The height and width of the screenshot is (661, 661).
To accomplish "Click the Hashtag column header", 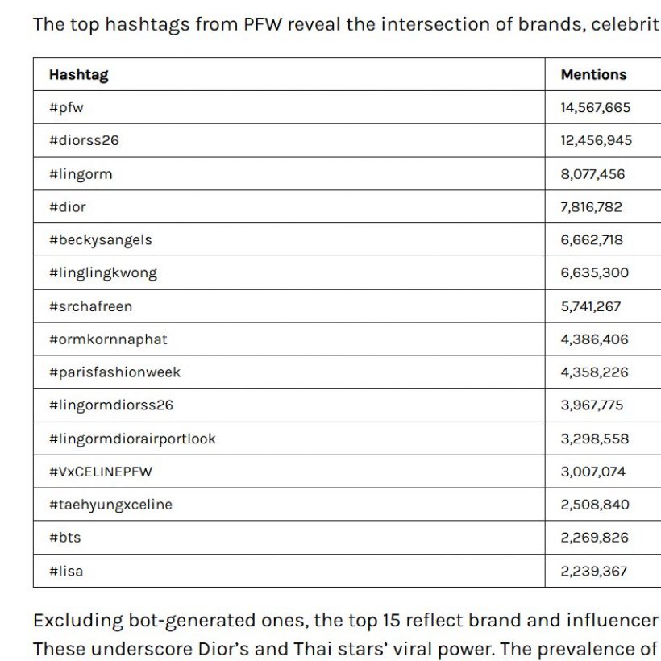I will point(78,75).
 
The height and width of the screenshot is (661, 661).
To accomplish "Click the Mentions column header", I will point(593,75).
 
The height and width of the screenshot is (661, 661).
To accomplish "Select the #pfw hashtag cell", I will point(66,107).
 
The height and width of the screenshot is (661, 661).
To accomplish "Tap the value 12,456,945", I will point(597,140).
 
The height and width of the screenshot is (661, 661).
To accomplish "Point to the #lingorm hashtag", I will point(81,174).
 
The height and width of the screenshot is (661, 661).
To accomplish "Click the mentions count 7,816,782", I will point(592,207).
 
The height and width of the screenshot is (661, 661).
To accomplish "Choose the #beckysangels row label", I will point(100,240).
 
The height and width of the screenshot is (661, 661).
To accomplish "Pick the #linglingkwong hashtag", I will point(103,273).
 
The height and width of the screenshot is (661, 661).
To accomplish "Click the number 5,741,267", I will point(591,306).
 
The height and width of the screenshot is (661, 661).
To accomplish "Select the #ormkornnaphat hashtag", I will point(108,339).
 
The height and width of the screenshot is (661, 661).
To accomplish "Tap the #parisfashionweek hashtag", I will point(114,372).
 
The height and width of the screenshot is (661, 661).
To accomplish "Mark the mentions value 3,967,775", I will point(592,405).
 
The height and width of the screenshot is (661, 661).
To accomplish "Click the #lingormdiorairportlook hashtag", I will point(132,439).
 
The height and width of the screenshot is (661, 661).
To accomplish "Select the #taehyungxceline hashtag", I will point(110,505).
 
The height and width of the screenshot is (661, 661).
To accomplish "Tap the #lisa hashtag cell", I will point(66,572).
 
